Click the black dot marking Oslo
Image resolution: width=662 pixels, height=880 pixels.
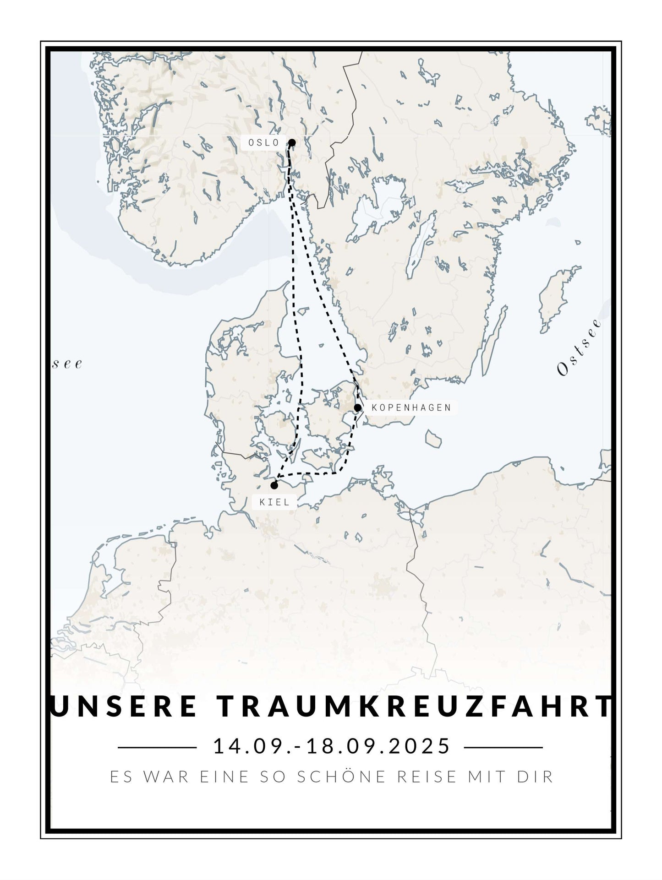click(292, 142)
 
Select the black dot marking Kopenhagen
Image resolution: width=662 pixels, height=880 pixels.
click(357, 407)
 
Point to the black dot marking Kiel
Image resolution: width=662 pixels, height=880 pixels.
click(274, 485)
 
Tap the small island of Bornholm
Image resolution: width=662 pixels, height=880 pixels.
click(433, 439)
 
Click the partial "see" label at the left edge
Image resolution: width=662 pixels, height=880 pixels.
click(67, 364)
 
